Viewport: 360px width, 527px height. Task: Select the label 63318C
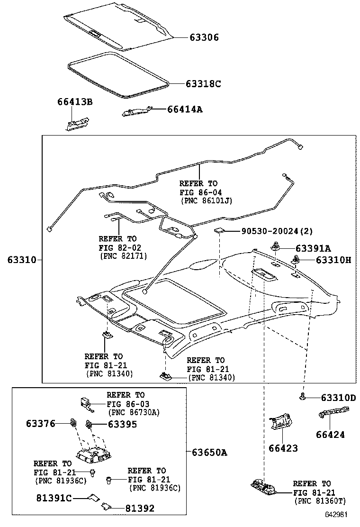(203, 84)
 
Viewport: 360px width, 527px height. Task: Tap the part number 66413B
(75, 102)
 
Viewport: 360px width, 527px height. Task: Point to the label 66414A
(184, 109)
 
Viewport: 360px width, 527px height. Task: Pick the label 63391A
(313, 248)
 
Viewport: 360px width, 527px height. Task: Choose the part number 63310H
(326, 260)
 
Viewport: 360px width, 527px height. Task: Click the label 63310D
(331, 397)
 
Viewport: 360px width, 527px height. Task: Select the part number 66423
(283, 448)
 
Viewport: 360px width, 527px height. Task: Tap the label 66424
(330, 434)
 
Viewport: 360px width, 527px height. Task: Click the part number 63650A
(209, 452)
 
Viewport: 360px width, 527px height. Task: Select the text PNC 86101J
(207, 201)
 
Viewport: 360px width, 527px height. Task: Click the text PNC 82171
(123, 256)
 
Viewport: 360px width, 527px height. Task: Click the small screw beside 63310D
(302, 397)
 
